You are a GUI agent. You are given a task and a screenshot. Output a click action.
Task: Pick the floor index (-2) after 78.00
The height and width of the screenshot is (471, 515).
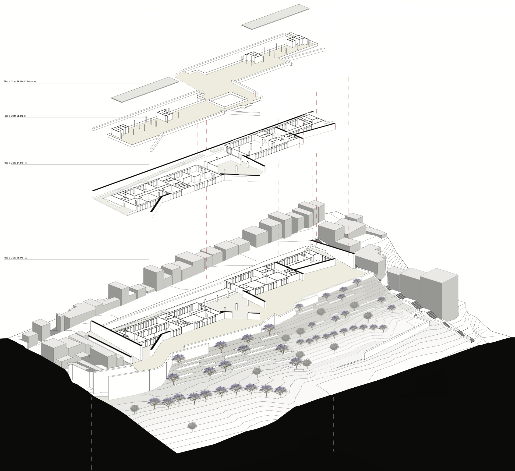pos(26,258)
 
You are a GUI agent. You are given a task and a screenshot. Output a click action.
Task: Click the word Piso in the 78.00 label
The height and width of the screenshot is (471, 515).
pos(6,258)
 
